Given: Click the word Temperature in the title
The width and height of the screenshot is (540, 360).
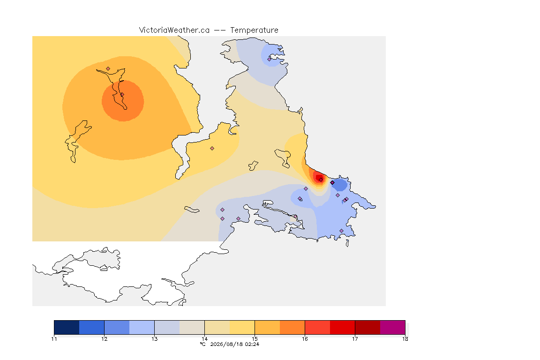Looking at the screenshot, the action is pyautogui.click(x=254, y=30).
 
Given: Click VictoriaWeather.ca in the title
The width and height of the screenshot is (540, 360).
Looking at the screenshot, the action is pyautogui.click(x=174, y=30).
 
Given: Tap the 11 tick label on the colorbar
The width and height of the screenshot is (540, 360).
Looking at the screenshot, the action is pyautogui.click(x=54, y=338).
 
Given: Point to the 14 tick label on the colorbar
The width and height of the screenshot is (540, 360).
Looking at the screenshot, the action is pyautogui.click(x=204, y=338).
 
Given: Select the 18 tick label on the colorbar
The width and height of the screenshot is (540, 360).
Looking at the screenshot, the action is pyautogui.click(x=405, y=338).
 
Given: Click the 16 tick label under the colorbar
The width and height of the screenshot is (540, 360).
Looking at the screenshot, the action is pyautogui.click(x=305, y=338).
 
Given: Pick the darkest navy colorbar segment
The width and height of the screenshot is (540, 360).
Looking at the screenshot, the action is pyautogui.click(x=67, y=327).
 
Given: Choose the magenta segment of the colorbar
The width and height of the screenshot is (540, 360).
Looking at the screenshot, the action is pyautogui.click(x=393, y=327).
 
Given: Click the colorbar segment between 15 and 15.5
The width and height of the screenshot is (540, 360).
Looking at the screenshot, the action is pyautogui.click(x=267, y=327).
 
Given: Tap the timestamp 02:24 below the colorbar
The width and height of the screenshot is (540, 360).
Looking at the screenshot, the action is pyautogui.click(x=252, y=344).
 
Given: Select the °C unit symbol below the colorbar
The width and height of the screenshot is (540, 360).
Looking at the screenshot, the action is pyautogui.click(x=203, y=344).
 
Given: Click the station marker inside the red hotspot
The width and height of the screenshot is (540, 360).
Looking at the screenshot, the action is pyautogui.click(x=321, y=180).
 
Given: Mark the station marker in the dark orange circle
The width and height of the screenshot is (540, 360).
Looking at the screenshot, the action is pyautogui.click(x=122, y=95).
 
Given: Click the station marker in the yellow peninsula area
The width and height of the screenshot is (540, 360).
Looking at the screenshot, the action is pyautogui.click(x=212, y=149).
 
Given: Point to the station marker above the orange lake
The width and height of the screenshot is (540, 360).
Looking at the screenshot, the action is pyautogui.click(x=108, y=69).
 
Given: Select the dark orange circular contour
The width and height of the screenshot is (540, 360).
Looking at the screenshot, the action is pyautogui.click(x=123, y=101).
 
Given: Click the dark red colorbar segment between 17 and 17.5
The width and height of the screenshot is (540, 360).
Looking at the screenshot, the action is pyautogui.click(x=367, y=327).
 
